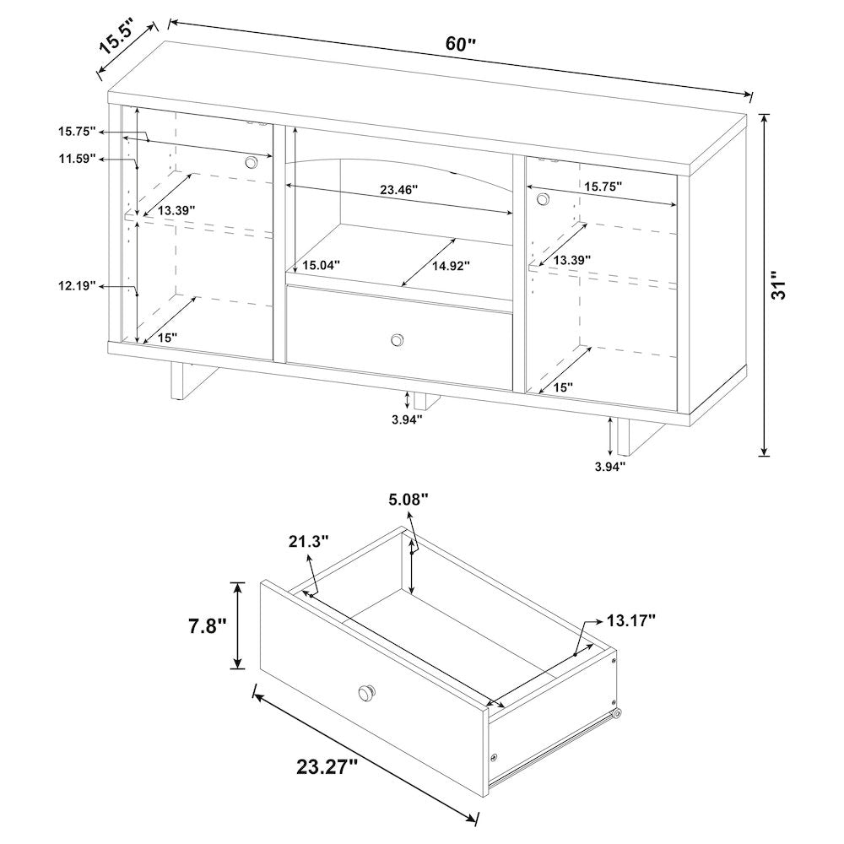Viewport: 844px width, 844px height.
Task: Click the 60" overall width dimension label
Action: [x=461, y=44]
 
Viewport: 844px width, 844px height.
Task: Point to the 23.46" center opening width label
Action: [x=399, y=189]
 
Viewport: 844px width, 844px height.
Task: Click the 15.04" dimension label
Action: [x=322, y=265]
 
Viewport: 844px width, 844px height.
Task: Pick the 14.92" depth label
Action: [x=451, y=265]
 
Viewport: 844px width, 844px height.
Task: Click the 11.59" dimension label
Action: [x=78, y=159]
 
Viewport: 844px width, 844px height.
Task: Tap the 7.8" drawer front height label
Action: [x=207, y=626]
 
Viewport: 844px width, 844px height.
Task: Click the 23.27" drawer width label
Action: [x=327, y=766]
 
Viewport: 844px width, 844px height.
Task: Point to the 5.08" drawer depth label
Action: [x=408, y=500]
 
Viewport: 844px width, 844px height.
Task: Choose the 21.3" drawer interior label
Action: [x=308, y=541]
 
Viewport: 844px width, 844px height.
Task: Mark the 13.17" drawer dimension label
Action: [x=630, y=620]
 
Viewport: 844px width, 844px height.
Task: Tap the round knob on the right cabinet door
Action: [x=543, y=199]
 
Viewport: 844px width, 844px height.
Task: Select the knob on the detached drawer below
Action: [x=367, y=692]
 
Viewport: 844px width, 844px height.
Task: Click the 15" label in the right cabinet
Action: [x=563, y=387]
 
